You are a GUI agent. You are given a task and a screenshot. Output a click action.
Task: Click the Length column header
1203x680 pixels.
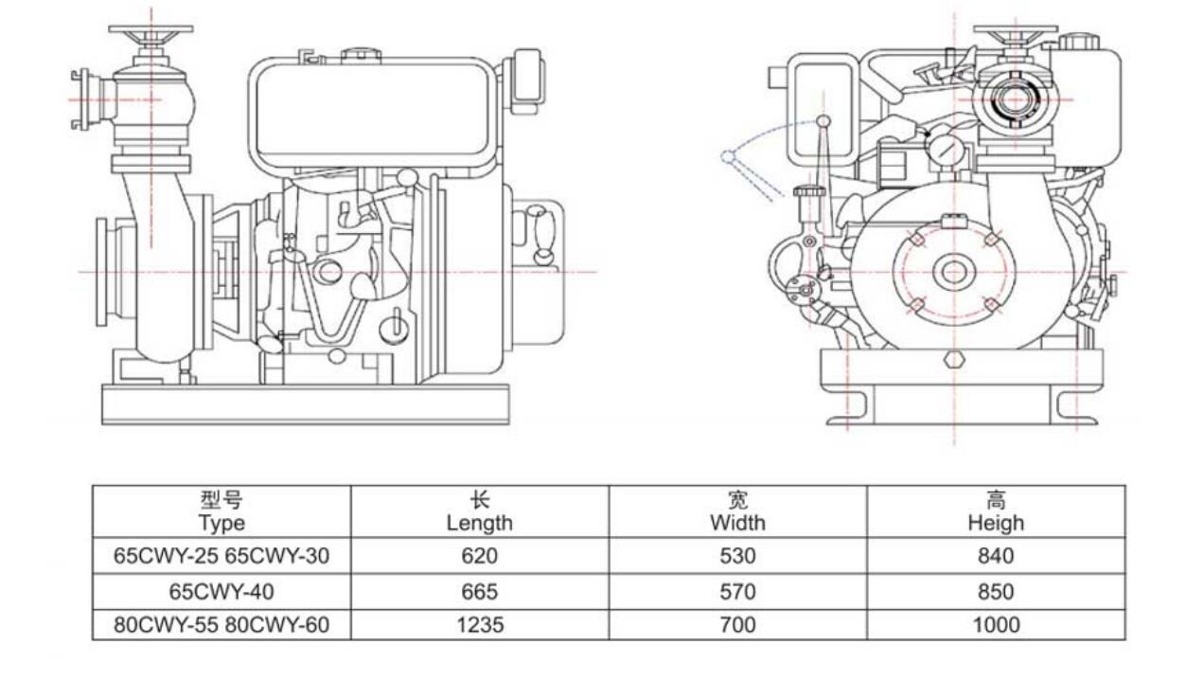pyautogui.click(x=479, y=511)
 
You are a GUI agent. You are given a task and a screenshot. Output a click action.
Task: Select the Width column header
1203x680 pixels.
pyautogui.click(x=737, y=511)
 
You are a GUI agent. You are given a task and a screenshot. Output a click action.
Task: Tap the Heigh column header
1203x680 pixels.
pyautogui.click(x=996, y=511)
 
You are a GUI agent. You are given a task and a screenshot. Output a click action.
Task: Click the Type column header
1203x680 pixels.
pyautogui.click(x=221, y=511)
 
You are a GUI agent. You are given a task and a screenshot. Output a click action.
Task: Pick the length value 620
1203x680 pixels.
pyautogui.click(x=479, y=556)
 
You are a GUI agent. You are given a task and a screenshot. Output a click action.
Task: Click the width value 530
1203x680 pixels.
pyautogui.click(x=737, y=556)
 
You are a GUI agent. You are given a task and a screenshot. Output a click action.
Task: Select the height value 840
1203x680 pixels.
pyautogui.click(x=996, y=556)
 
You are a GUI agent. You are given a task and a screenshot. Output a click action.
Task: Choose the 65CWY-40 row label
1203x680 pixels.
pyautogui.click(x=221, y=592)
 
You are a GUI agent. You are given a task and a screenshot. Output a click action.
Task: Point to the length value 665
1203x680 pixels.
pyautogui.click(x=479, y=592)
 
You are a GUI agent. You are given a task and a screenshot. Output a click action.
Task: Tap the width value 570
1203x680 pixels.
pyautogui.click(x=737, y=592)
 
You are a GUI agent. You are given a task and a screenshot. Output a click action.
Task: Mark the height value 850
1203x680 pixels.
pyautogui.click(x=996, y=592)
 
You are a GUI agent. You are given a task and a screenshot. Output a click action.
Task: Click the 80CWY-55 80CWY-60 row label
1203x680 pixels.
pyautogui.click(x=221, y=625)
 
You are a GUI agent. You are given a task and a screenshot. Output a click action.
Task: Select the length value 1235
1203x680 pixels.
pyautogui.click(x=479, y=625)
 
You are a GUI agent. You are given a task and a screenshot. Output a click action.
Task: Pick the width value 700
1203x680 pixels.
pyautogui.click(x=737, y=625)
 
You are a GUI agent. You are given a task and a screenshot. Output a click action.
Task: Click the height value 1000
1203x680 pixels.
pyautogui.click(x=996, y=625)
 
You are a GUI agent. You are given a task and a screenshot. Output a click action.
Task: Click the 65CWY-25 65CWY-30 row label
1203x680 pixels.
pyautogui.click(x=221, y=556)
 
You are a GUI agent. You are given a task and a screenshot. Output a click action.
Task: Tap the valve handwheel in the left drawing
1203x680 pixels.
pyautogui.click(x=150, y=32)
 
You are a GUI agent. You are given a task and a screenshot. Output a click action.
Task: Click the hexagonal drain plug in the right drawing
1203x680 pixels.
pyautogui.click(x=954, y=361)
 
